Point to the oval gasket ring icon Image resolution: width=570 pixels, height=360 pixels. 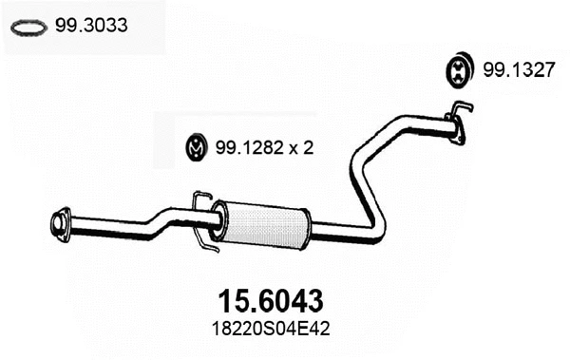coord(28,28)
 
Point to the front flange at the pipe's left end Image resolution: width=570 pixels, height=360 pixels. coord(61,222)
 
